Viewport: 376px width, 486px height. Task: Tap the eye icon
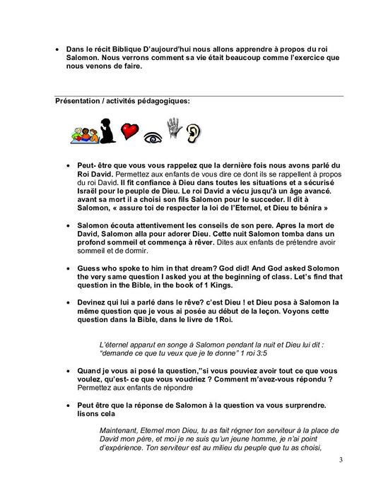[x=151, y=134]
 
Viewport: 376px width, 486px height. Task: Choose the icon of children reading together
[x=83, y=132]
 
